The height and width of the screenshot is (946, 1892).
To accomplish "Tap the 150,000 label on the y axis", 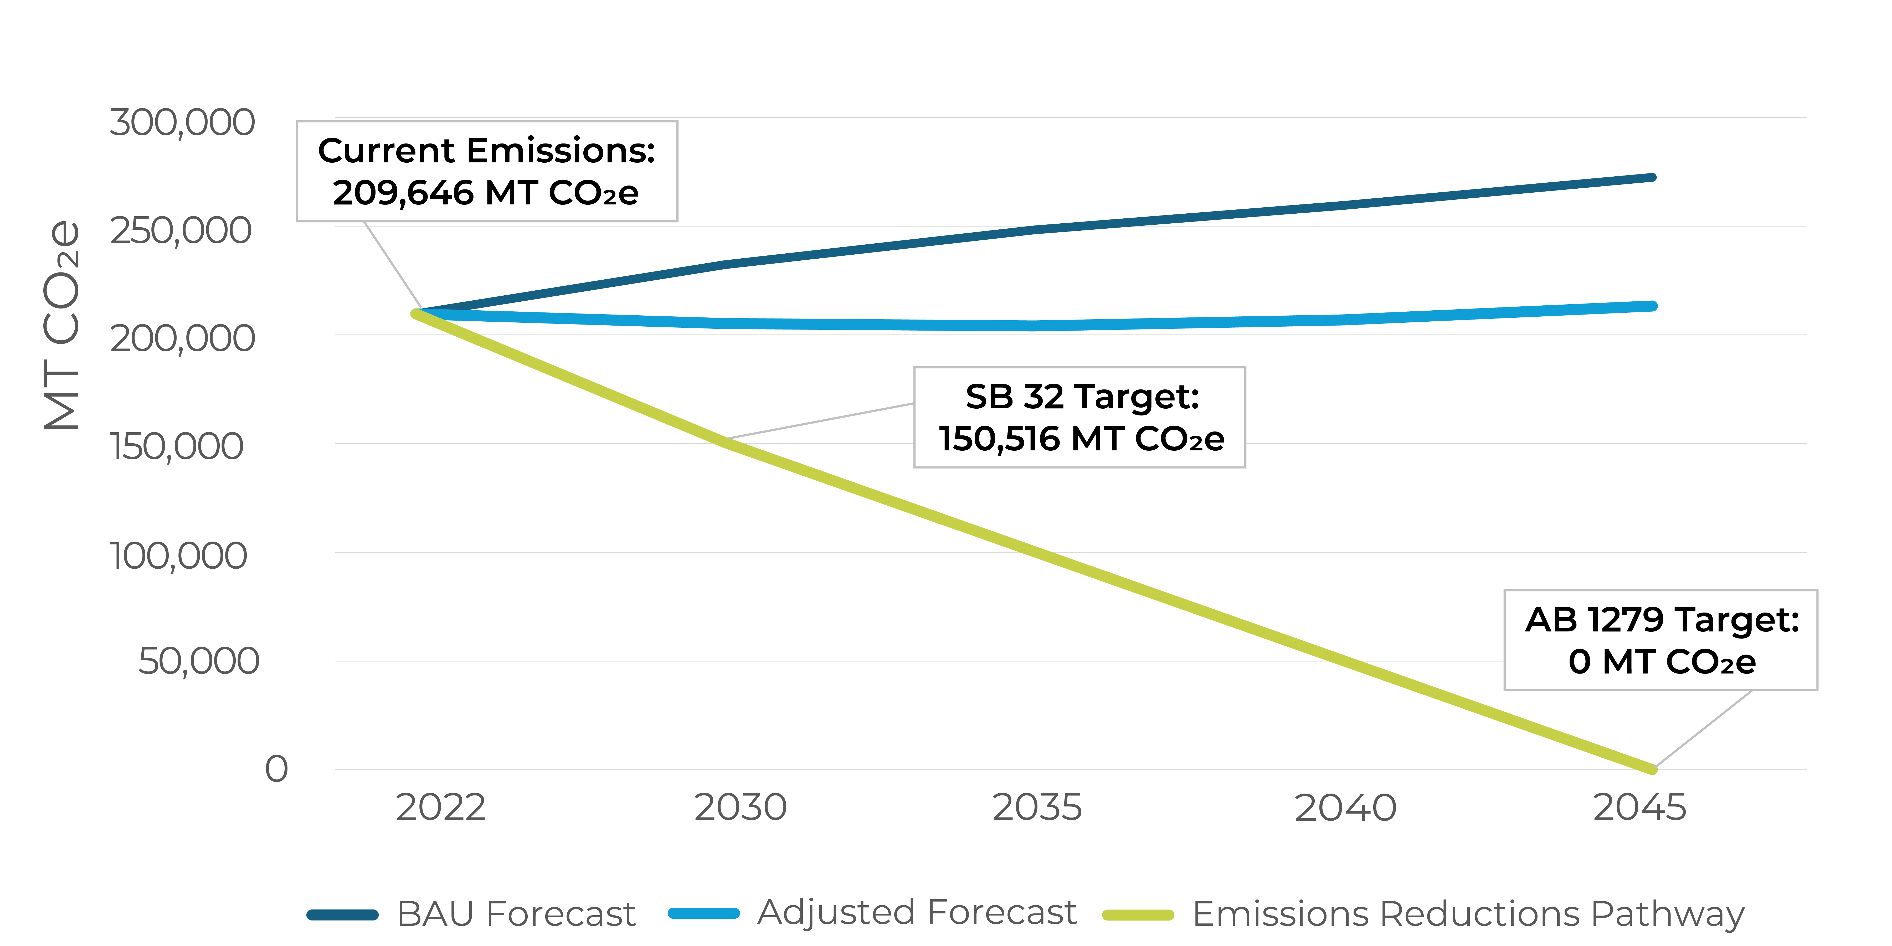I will [x=176, y=446].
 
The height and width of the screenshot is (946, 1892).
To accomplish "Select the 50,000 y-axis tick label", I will [x=198, y=661].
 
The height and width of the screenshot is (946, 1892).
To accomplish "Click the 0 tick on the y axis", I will [x=276, y=769].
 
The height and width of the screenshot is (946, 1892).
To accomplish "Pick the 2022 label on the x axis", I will [x=441, y=808].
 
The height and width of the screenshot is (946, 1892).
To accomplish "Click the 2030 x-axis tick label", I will [x=740, y=808].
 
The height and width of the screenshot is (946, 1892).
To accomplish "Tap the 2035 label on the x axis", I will [x=1037, y=808].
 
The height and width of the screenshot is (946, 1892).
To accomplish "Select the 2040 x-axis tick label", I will [x=1345, y=808].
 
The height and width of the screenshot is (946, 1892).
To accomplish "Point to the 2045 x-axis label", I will [x=1639, y=808].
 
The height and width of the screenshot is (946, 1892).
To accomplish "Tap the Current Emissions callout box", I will [x=486, y=171].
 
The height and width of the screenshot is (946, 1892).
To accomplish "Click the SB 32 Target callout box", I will [x=1080, y=417].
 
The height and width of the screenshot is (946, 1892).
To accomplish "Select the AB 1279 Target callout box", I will [x=1661, y=640].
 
